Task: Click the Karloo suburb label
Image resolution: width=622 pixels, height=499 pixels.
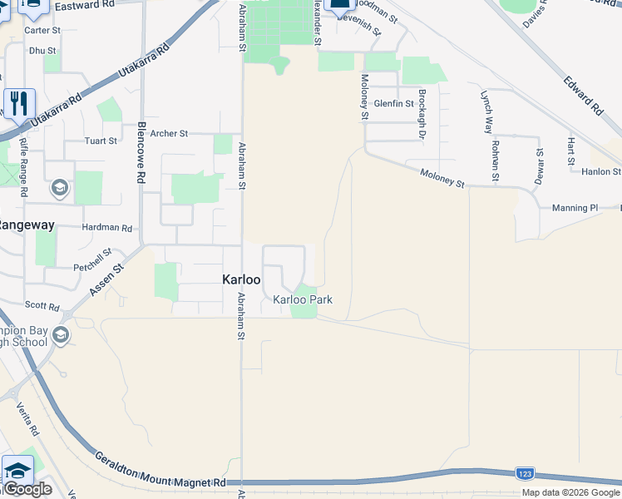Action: point(242,280)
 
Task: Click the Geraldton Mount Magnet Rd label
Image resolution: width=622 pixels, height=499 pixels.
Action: point(160,472)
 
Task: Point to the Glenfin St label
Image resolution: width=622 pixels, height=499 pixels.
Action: point(394,103)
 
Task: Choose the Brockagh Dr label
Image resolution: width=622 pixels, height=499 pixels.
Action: point(422,114)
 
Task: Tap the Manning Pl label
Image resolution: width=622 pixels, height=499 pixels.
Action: point(575,207)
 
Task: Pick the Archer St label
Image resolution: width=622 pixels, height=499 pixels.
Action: point(170,133)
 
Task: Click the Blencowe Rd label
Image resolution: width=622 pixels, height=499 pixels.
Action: point(141,153)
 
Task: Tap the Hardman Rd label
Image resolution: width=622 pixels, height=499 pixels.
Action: point(107,228)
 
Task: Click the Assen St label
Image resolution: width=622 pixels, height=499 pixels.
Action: point(106,279)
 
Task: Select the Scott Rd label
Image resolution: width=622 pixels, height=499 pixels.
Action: point(42,305)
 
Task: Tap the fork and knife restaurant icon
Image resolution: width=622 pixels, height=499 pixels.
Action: point(19,103)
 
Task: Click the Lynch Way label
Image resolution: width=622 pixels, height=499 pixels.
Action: point(487,111)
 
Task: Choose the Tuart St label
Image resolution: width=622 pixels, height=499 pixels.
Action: point(101,141)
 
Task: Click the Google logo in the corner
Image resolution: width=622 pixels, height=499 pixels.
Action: point(27,489)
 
